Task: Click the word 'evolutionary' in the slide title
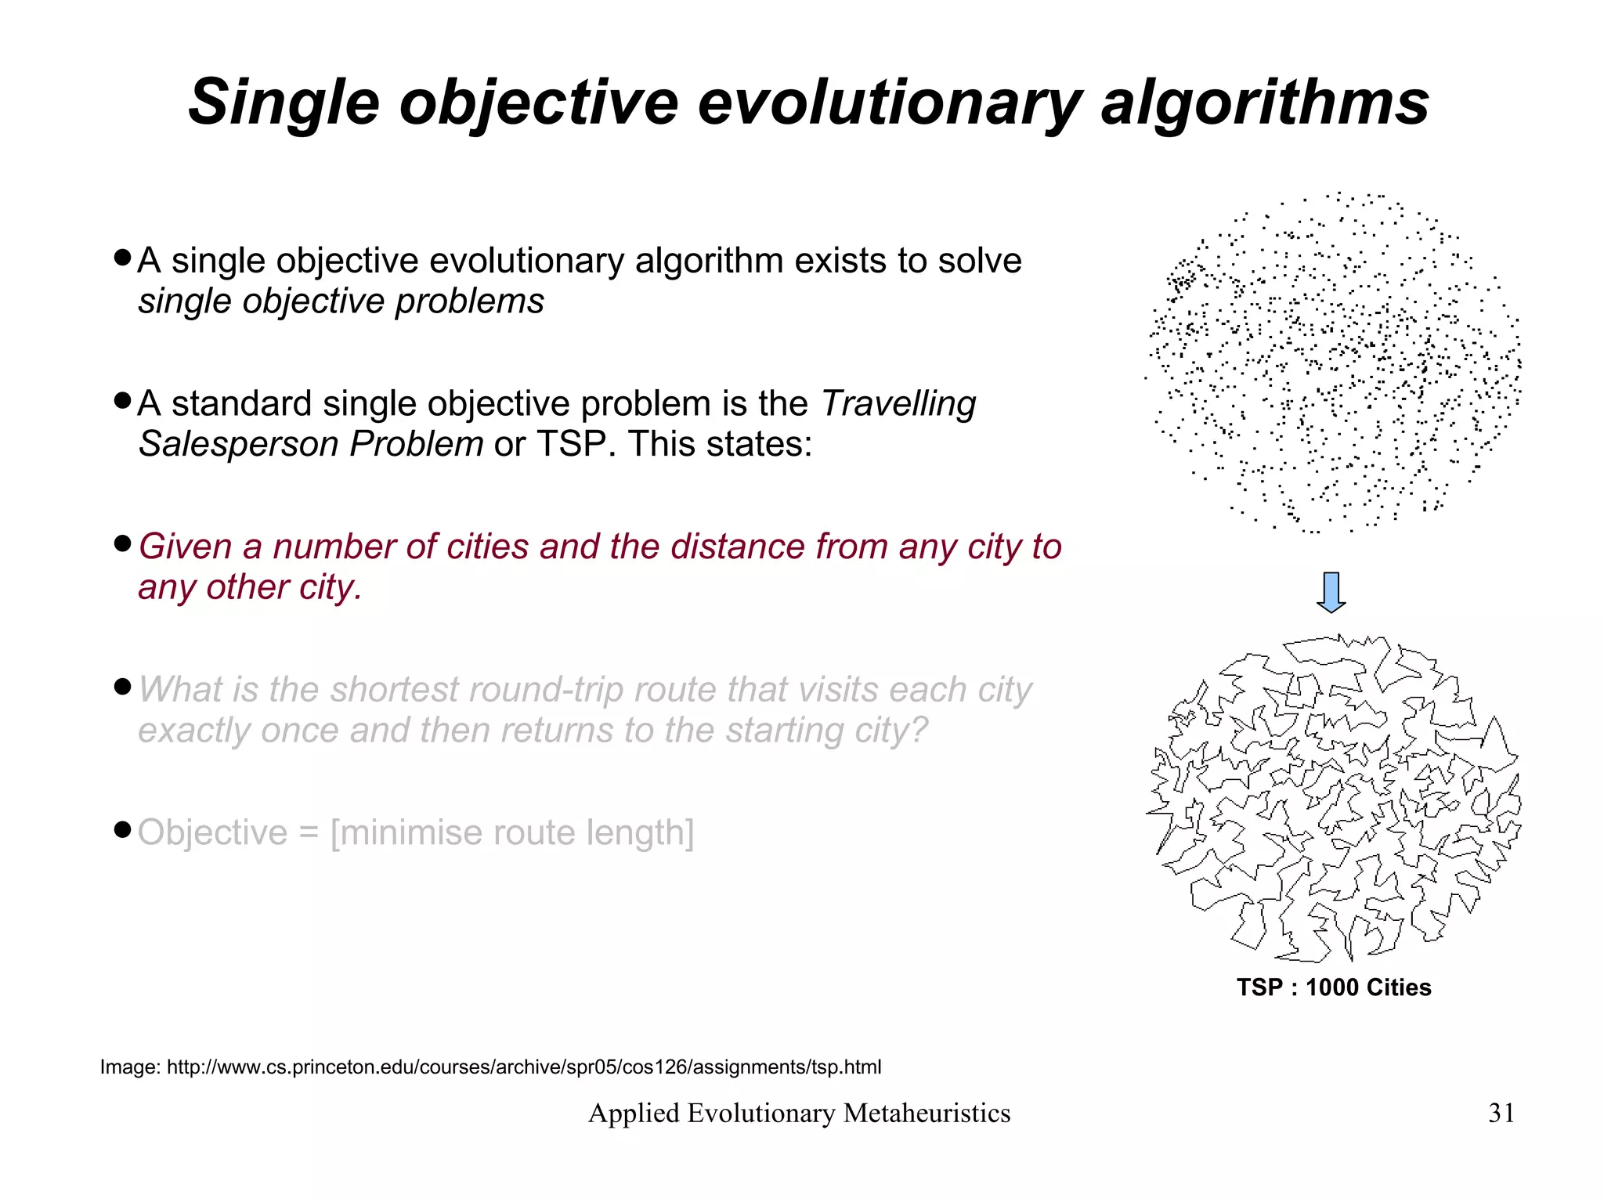coord(889,103)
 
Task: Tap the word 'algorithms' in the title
coord(1264,103)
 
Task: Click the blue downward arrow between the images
coord(1331,592)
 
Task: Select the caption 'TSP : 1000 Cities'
coord(1334,987)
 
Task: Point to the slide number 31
coord(1501,1113)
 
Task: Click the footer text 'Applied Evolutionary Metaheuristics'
coord(799,1113)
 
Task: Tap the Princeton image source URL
coord(524,1067)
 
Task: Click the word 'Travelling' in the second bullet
coord(898,404)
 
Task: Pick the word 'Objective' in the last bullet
coord(212,832)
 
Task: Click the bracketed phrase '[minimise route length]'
coord(512,832)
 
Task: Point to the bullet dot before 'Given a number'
coord(121,543)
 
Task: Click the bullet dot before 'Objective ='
coord(121,829)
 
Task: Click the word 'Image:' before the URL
coord(130,1067)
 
